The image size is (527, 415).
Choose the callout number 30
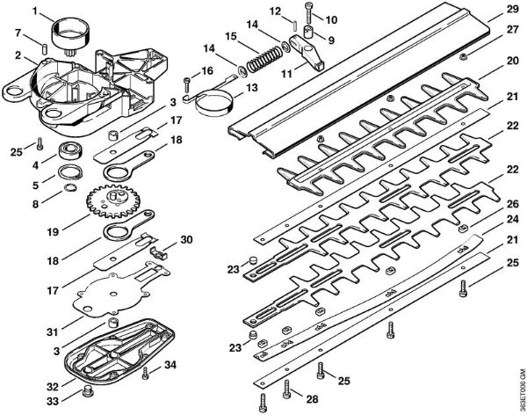(185, 240)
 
